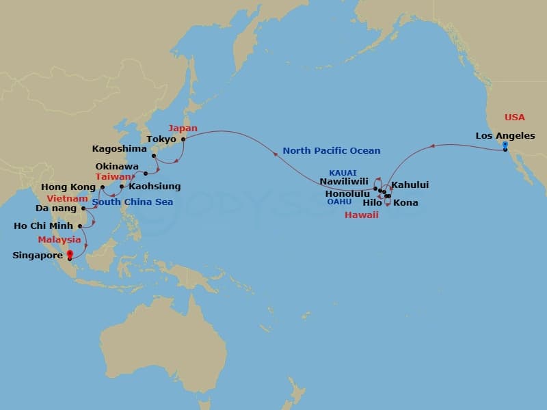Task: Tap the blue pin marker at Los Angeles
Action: click(x=505, y=146)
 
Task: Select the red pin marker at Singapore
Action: click(x=69, y=255)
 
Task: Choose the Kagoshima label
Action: click(x=118, y=148)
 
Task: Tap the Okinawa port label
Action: click(x=117, y=166)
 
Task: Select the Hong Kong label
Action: click(x=68, y=187)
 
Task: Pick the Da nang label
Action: click(x=55, y=208)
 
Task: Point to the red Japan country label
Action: click(x=183, y=128)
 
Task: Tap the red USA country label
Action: click(x=515, y=118)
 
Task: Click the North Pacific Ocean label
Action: click(x=332, y=150)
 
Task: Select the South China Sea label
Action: click(x=133, y=202)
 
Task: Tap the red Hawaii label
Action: click(x=361, y=215)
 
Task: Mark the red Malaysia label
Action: click(x=60, y=240)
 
